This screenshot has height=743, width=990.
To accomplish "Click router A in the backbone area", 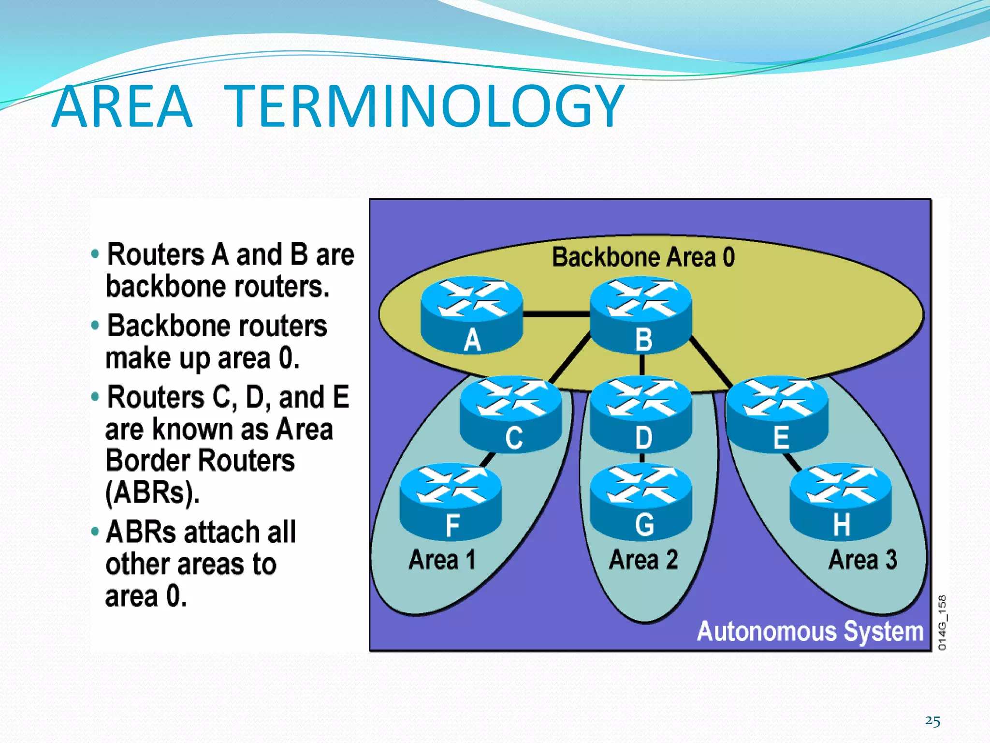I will pos(472,314).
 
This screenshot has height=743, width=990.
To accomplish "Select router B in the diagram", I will pos(641,314).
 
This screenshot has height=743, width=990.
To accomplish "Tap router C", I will pos(511,414).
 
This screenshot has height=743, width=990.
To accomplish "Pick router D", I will pos(641,414).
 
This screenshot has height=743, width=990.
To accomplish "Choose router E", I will pos(777,414).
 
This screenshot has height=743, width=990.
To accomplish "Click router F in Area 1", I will pos(451,501).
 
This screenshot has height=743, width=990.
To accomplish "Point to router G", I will pos(641,501).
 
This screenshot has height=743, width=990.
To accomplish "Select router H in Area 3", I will pos(841,501).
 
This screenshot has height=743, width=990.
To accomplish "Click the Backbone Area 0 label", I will pos(643,257).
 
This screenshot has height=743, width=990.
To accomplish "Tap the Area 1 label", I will pos(442,560).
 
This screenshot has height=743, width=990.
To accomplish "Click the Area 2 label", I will pos(643,560).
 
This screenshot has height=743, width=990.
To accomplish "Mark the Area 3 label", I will pos(863,560).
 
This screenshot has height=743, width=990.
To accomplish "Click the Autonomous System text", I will pos(810,631).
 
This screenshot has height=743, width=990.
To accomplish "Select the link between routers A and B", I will pos(556,314).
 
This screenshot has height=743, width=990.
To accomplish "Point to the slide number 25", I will pos(932,721).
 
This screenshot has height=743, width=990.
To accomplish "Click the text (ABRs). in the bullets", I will pos(152,493).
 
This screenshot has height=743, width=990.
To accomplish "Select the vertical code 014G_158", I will pos(942,623).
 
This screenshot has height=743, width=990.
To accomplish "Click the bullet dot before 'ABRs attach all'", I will pos(95,532).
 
